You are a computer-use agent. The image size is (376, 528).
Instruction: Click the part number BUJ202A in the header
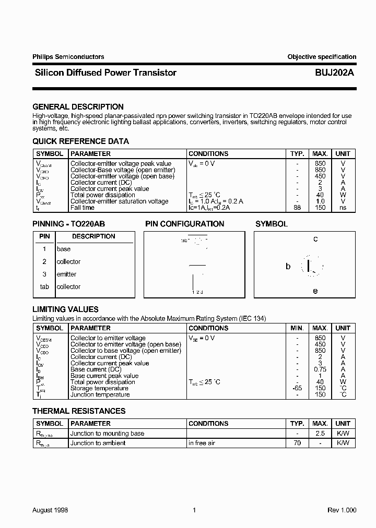(x=335, y=73)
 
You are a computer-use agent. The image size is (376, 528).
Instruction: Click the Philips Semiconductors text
(x=68, y=57)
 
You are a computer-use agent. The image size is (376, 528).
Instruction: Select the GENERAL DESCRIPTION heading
(x=78, y=107)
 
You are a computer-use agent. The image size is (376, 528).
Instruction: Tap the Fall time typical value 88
(x=297, y=208)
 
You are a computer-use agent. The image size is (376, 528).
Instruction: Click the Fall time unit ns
(x=343, y=208)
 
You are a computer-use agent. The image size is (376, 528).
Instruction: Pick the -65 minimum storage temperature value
(x=297, y=388)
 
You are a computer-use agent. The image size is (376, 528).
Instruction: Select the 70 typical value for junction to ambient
(x=297, y=443)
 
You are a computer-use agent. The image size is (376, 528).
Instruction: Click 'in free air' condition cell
(x=202, y=443)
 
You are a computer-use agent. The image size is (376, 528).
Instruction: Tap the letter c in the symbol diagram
(x=315, y=239)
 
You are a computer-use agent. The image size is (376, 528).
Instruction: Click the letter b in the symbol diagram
(x=288, y=266)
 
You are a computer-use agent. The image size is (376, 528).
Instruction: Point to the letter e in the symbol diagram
(x=315, y=291)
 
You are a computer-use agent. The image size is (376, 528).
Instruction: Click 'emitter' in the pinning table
(x=66, y=274)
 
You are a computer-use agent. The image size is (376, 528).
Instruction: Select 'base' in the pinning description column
(x=63, y=249)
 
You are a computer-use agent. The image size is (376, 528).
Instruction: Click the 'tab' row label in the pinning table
(x=44, y=286)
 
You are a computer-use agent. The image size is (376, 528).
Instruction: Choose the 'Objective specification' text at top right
(x=322, y=57)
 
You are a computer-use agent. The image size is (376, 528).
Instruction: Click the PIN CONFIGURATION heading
(x=184, y=224)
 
